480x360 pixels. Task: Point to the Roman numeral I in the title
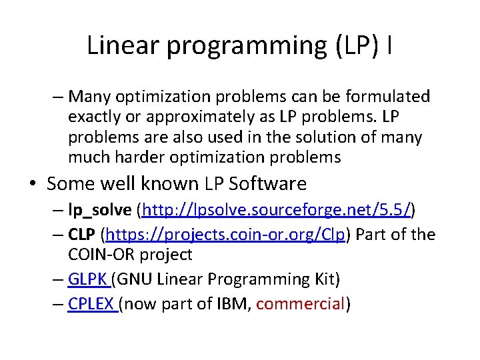(389, 45)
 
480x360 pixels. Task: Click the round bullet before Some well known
(33, 184)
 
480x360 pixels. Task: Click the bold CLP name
(81, 235)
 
